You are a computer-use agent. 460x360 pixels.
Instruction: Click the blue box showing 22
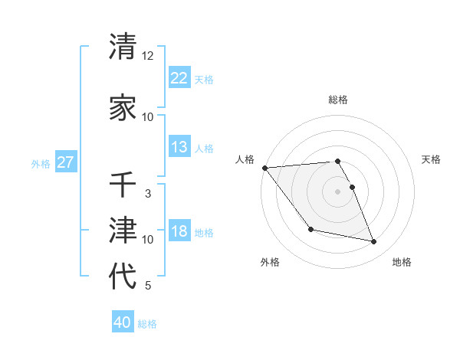pos(179,78)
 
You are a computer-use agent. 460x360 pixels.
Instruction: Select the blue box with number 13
pos(179,147)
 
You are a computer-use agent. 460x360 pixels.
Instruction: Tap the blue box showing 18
pos(179,231)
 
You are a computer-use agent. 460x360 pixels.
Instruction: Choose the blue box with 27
pos(66,162)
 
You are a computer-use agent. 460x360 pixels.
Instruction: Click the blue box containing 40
pos(123,322)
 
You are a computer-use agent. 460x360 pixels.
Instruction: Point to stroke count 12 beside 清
pos(148,56)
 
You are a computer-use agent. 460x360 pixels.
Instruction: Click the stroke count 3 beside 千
pos(148,194)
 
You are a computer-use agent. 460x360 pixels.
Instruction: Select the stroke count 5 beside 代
pos(148,286)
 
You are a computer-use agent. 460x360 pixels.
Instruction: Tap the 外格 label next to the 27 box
pos(41,163)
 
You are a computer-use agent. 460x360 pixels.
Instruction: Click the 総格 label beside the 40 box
pos(147,324)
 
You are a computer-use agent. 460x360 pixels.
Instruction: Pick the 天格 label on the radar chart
pos(432,159)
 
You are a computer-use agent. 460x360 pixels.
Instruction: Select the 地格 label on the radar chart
pos(402,262)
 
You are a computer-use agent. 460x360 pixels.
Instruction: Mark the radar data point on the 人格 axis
pos(264,168)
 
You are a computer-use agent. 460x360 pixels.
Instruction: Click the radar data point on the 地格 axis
pos(374,242)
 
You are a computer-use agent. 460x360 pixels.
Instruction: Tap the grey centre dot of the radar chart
pos(337,191)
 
